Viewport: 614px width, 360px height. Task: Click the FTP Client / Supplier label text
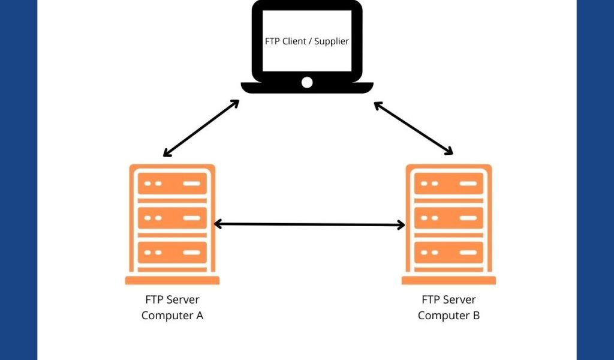point(307,41)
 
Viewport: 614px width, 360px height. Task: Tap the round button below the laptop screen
point(307,82)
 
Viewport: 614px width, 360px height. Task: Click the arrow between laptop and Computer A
point(201,128)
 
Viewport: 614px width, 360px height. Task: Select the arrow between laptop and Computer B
point(414,128)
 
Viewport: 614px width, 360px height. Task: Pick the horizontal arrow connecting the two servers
point(309,224)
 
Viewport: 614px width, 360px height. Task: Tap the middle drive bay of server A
point(172,218)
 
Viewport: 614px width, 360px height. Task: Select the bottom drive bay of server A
point(172,252)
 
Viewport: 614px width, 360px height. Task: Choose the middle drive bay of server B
point(449,218)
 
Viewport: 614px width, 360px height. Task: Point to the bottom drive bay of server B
point(449,252)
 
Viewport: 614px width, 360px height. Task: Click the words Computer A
point(172,315)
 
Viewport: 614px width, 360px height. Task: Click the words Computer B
point(449,315)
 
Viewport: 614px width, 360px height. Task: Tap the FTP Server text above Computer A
point(172,299)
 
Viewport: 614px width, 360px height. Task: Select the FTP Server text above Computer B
point(449,299)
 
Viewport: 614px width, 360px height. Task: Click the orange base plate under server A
point(172,280)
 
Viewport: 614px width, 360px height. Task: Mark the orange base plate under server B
point(449,280)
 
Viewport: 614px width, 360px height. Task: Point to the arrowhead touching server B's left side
point(401,225)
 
